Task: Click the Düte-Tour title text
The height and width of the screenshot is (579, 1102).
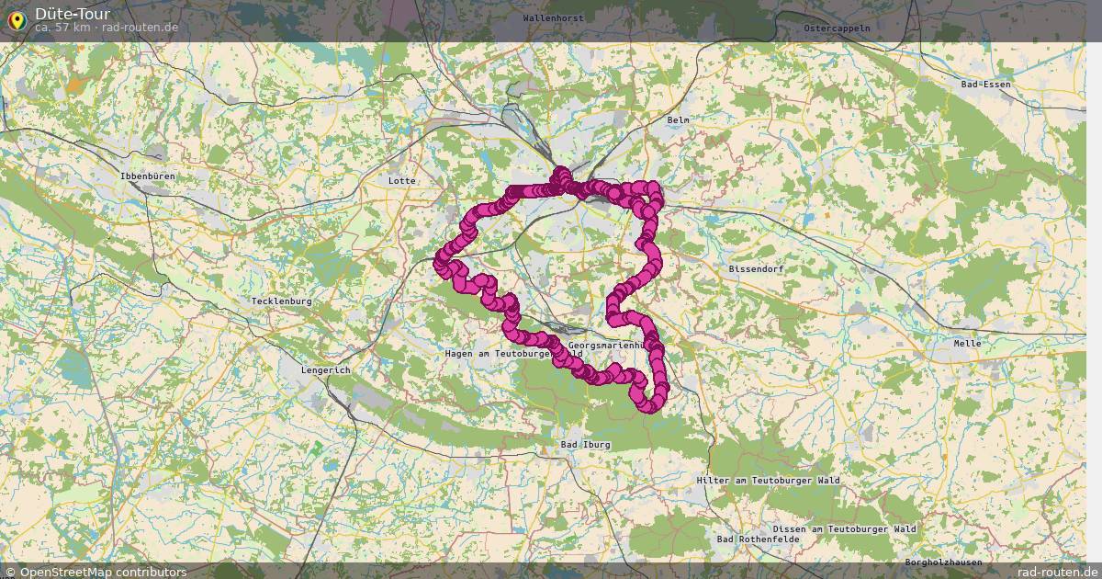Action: click(x=73, y=14)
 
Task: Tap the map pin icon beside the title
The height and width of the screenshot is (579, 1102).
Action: click(x=17, y=20)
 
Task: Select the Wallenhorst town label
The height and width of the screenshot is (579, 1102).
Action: click(x=553, y=18)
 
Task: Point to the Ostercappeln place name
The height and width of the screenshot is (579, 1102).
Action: click(x=837, y=28)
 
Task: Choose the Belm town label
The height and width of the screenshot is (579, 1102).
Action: click(x=679, y=120)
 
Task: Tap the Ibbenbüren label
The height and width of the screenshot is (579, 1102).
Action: click(x=147, y=176)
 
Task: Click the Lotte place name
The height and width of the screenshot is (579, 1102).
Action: click(x=402, y=181)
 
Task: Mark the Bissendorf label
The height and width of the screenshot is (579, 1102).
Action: click(x=757, y=269)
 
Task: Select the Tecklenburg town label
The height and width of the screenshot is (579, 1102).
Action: click(x=282, y=301)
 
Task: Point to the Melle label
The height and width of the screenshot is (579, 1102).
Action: click(x=967, y=344)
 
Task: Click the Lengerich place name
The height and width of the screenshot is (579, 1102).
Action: click(x=326, y=370)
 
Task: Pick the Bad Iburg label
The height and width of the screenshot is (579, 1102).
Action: click(x=585, y=445)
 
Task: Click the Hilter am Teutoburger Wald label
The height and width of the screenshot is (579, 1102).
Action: click(x=768, y=481)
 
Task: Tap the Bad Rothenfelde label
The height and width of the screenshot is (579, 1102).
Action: click(x=759, y=539)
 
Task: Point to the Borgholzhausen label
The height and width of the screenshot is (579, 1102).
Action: click(x=943, y=562)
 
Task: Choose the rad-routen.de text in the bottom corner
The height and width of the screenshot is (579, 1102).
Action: click(x=1058, y=572)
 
